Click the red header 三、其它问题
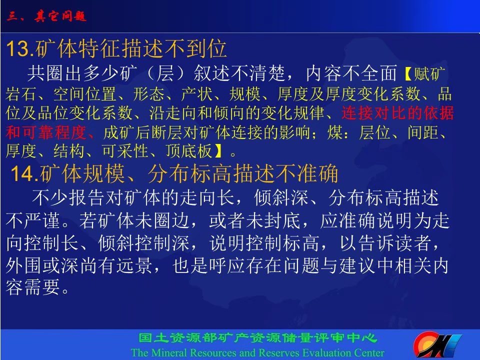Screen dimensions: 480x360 (x=46, y=16)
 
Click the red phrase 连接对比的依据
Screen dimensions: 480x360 (x=397, y=112)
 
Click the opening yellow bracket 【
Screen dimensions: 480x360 (x=408, y=74)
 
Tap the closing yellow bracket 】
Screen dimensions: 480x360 (x=218, y=151)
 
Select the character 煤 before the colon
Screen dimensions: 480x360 (x=335, y=132)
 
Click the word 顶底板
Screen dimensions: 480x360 (x=189, y=151)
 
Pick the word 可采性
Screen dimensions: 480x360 (x=125, y=151)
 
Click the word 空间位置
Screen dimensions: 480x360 (x=85, y=93)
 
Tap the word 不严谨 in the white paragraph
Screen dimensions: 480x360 (x=32, y=220)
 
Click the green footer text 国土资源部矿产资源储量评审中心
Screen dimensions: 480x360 (x=257, y=338)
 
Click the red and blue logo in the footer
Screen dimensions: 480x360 (x=437, y=345)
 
